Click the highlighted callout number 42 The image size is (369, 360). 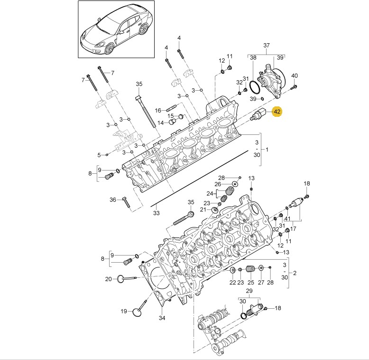[x=277, y=111]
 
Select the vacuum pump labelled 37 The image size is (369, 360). [x=271, y=81]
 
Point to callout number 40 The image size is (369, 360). [x=295, y=76]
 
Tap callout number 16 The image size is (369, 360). [x=158, y=110]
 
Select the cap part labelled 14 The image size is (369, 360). [x=173, y=122]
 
